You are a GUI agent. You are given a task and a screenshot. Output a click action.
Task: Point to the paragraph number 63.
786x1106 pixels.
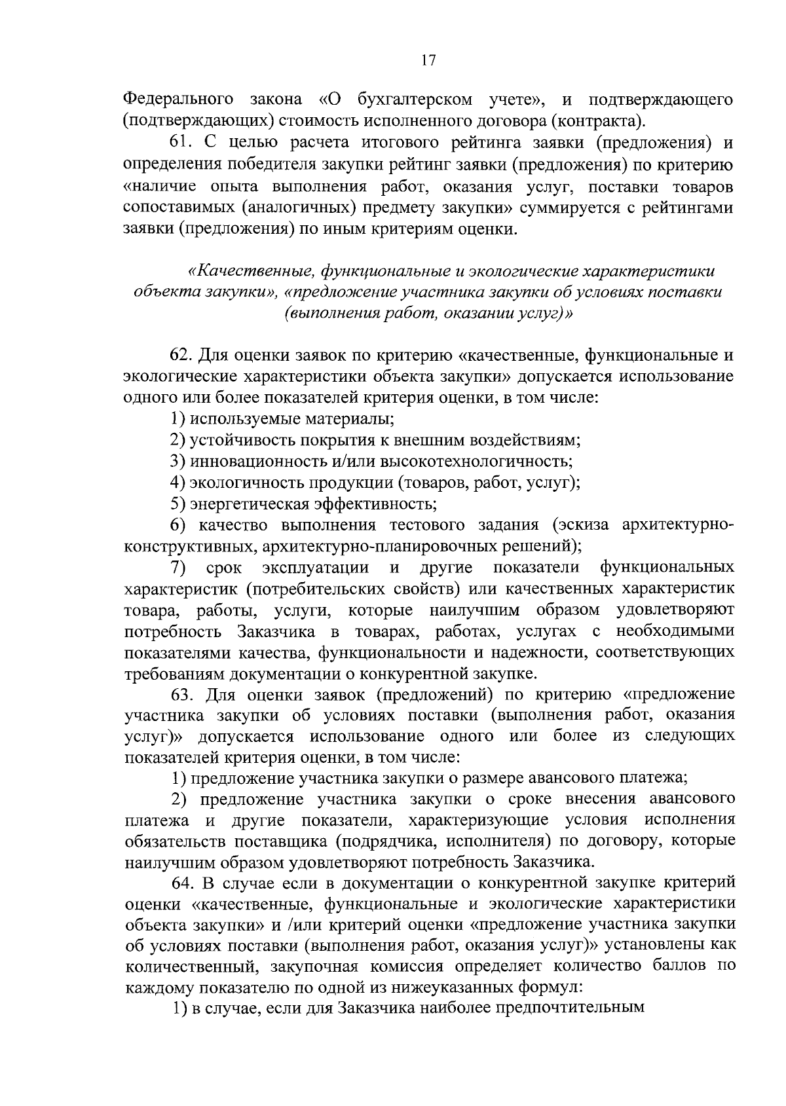(x=184, y=693)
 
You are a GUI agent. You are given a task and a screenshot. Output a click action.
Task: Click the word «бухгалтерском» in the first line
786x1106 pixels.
(x=415, y=100)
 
